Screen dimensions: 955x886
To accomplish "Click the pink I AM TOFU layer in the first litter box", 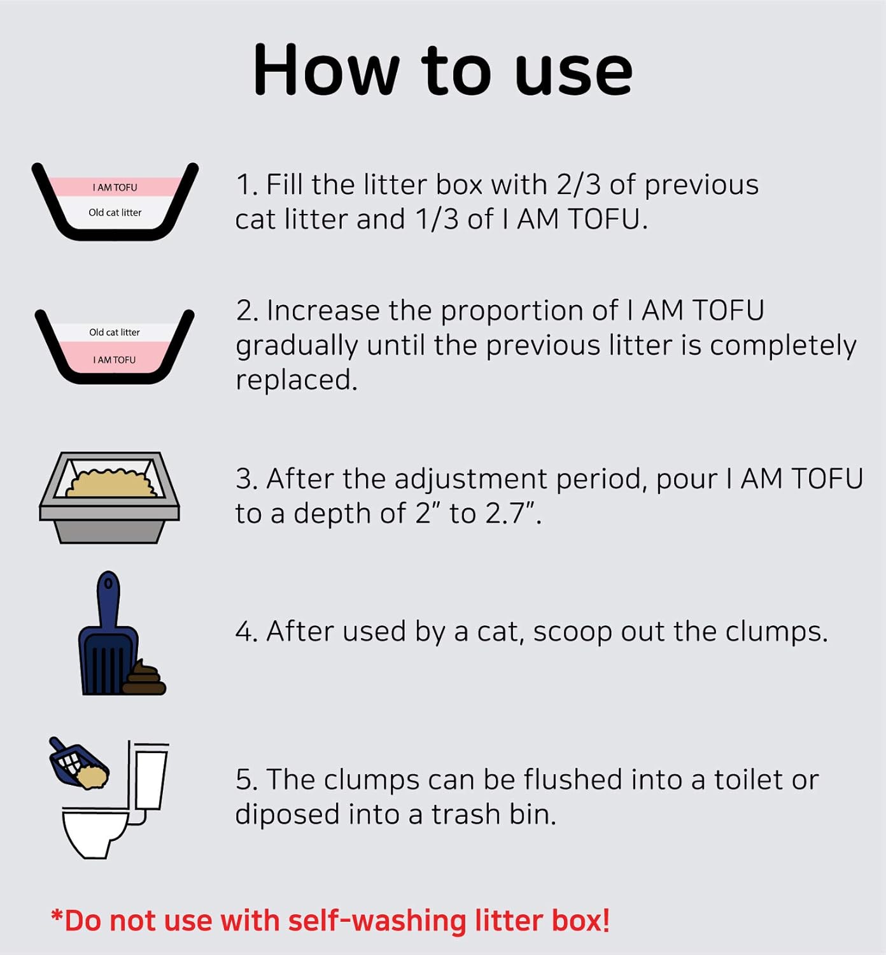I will [x=115, y=187].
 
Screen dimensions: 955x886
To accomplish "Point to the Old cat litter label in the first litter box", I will [x=115, y=213].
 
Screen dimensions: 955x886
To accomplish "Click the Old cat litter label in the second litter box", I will [x=115, y=332].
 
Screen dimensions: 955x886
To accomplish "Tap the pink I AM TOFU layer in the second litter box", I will [x=115, y=360].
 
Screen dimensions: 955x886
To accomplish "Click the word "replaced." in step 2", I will [x=297, y=380].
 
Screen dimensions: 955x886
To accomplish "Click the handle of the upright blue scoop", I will [x=108, y=598].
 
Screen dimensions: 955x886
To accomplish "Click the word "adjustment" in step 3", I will [x=472, y=479].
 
